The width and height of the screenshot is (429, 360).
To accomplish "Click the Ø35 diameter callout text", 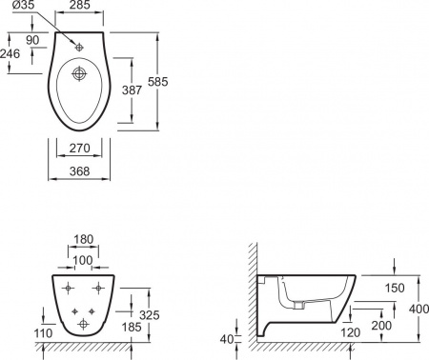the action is (24, 6).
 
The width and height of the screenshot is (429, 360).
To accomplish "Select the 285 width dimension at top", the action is (80, 5).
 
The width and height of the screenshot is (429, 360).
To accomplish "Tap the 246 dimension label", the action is (10, 53).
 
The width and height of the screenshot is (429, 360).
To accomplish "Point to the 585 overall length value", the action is (157, 82).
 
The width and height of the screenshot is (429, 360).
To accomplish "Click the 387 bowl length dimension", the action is (132, 90).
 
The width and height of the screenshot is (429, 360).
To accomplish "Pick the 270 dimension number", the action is (79, 148).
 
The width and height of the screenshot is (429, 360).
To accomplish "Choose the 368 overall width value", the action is (79, 171).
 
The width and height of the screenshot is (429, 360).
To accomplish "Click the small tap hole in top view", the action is (79, 48).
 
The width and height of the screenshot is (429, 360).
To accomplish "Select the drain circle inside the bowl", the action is (79, 74).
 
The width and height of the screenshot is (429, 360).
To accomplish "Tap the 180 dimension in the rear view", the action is (83, 239).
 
